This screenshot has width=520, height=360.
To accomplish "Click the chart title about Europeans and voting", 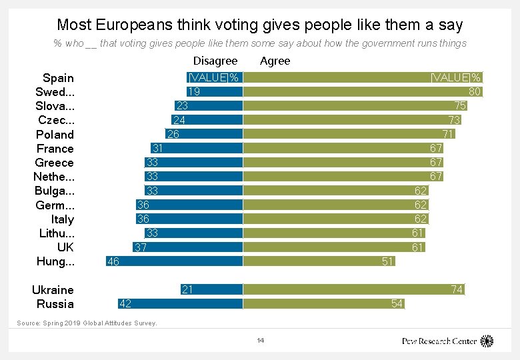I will (x=260, y=25).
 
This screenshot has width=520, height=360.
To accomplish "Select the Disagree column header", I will (x=215, y=61).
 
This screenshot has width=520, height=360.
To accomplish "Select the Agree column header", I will (x=275, y=61).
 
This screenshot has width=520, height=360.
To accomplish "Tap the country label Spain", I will (x=58, y=78).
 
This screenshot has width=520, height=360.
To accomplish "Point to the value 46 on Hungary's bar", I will (x=113, y=261).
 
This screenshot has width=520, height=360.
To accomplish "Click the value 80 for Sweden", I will (x=475, y=91).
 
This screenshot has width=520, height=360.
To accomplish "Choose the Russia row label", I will (x=55, y=304).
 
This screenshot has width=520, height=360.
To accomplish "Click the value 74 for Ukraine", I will (x=457, y=289).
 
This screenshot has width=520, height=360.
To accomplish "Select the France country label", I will (x=55, y=149).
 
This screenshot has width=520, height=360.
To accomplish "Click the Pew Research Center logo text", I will (x=439, y=341).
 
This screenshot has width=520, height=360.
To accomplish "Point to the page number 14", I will (x=261, y=341).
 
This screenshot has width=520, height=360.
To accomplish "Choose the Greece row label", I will (x=55, y=163).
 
